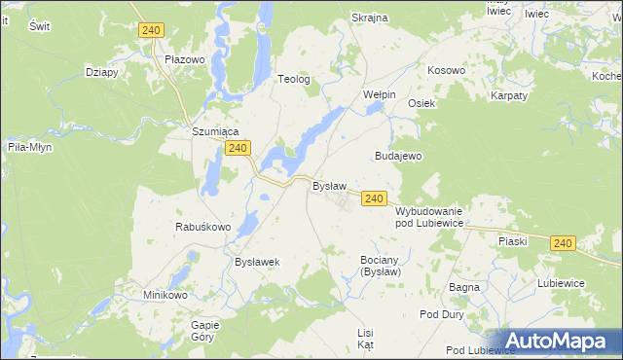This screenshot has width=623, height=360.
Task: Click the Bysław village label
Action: click(x=329, y=185)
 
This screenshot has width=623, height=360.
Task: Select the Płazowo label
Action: click(x=184, y=59)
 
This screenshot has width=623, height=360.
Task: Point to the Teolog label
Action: click(x=294, y=80)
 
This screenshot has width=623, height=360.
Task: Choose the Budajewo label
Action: click(x=397, y=156)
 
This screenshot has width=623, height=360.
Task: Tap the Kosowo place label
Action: click(x=447, y=71)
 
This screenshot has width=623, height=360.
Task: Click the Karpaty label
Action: click(x=509, y=95)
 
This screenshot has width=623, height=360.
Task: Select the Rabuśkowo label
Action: click(x=202, y=227)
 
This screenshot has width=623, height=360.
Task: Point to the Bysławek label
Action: click(x=258, y=262)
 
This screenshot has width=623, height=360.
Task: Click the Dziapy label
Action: click(x=102, y=71)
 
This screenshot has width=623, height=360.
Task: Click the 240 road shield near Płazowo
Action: click(x=150, y=31)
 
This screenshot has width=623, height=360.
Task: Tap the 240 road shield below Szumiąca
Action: click(x=238, y=148)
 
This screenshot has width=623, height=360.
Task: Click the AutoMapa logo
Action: click(x=558, y=341)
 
